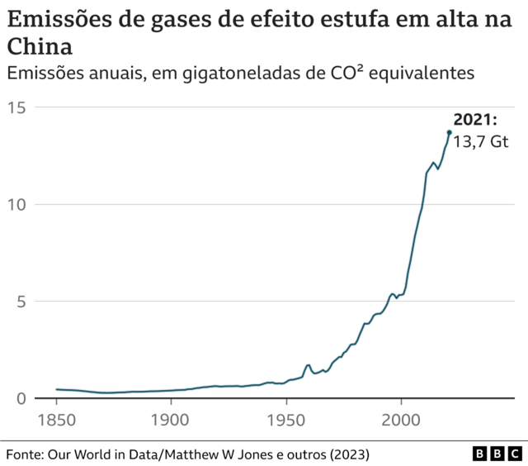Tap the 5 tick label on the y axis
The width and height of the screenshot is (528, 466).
pyautogui.click(x=21, y=302)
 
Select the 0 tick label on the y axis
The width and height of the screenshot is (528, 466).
pyautogui.click(x=21, y=398)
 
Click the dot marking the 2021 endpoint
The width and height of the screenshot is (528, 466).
pyautogui.click(x=450, y=132)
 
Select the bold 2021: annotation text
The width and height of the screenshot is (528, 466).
pyautogui.click(x=475, y=121)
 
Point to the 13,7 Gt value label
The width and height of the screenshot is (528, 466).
pyautogui.click(x=480, y=141)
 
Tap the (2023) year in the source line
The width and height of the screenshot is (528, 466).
pyautogui.click(x=346, y=454)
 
